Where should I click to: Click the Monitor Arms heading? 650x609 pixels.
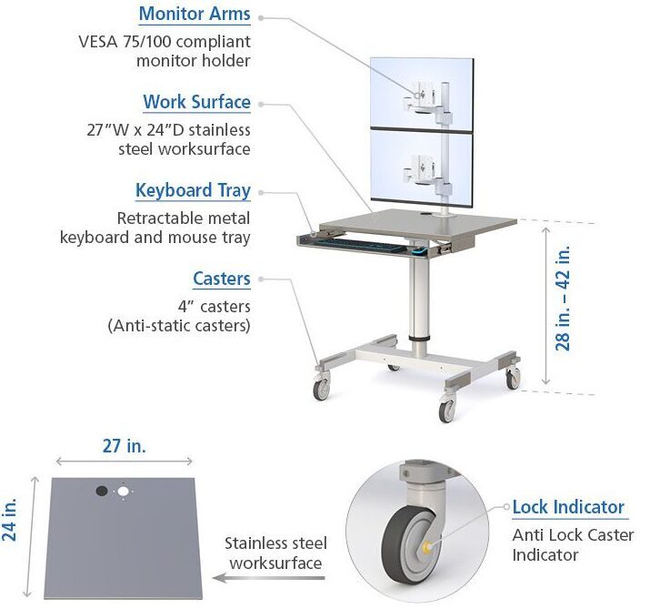pos(195,15)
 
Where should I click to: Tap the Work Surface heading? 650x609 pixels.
pos(196,102)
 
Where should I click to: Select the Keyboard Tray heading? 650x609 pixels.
pos(193,190)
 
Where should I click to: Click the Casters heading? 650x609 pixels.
pos(221,279)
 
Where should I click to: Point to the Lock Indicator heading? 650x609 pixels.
pos(568,507)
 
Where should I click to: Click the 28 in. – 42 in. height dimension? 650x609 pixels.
pos(563,298)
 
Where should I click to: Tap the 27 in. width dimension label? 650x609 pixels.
pos(125,446)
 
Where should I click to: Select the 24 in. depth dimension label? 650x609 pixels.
pos(12,519)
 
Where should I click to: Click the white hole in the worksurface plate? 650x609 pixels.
pos(123,492)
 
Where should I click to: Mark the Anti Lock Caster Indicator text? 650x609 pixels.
pos(573,544)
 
